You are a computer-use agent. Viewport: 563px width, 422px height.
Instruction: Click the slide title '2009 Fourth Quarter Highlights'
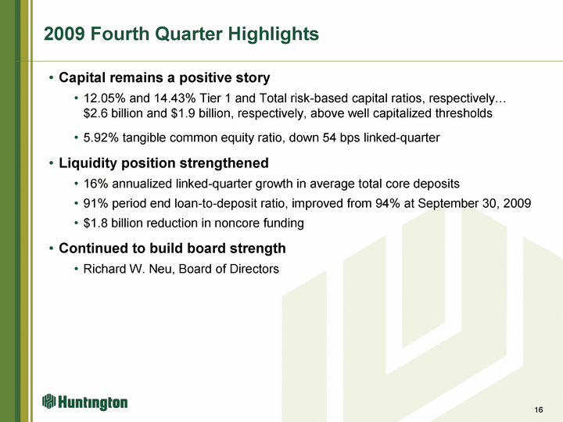[181, 34]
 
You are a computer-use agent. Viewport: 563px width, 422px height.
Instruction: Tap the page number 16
[539, 409]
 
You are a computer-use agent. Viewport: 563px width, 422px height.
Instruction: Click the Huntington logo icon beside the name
[49, 401]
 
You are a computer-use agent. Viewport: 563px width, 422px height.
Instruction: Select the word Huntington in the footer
[93, 402]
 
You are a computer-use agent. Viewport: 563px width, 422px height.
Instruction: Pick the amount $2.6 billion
[113, 113]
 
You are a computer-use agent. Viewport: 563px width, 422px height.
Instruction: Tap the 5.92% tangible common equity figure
[101, 138]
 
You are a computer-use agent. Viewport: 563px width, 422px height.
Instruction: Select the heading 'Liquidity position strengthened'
[163, 163]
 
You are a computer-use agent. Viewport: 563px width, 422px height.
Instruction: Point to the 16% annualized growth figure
[96, 184]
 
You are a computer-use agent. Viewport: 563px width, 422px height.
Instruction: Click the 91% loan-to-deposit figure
[96, 203]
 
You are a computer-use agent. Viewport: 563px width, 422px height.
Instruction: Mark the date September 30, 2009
[475, 203]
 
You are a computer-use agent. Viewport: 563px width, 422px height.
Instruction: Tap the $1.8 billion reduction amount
[113, 224]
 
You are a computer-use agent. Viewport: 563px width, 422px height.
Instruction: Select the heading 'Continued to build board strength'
[172, 249]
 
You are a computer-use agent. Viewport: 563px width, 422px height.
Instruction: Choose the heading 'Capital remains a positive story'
[164, 78]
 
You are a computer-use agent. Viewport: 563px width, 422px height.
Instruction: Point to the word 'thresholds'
[464, 113]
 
